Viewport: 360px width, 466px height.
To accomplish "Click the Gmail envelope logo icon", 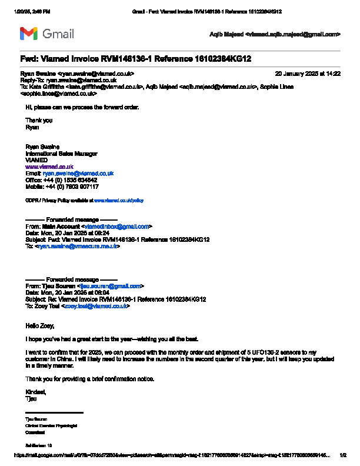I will (x=29, y=34).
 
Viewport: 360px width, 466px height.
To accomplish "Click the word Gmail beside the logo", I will (x=58, y=34).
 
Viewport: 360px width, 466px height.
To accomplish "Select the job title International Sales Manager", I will (x=61, y=154).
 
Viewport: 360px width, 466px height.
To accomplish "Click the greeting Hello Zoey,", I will (x=39, y=325).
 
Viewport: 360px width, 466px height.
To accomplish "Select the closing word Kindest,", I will (x=35, y=392).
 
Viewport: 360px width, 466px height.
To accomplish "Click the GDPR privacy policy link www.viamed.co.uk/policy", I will (x=119, y=200).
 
